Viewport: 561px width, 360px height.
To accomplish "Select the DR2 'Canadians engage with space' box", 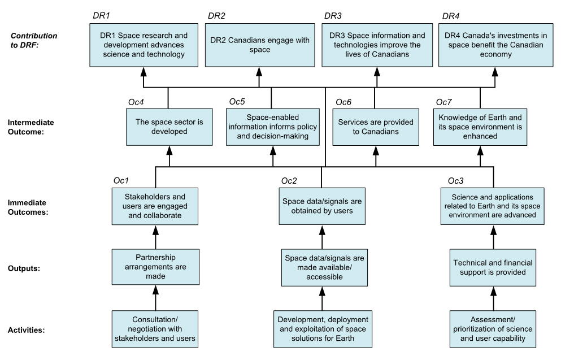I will (259, 45).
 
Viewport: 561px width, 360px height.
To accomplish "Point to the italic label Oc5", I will (238, 102).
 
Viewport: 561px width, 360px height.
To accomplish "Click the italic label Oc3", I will (456, 181).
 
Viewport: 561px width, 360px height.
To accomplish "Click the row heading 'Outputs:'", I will (25, 269).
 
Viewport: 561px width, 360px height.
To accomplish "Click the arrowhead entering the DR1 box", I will (143, 71).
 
